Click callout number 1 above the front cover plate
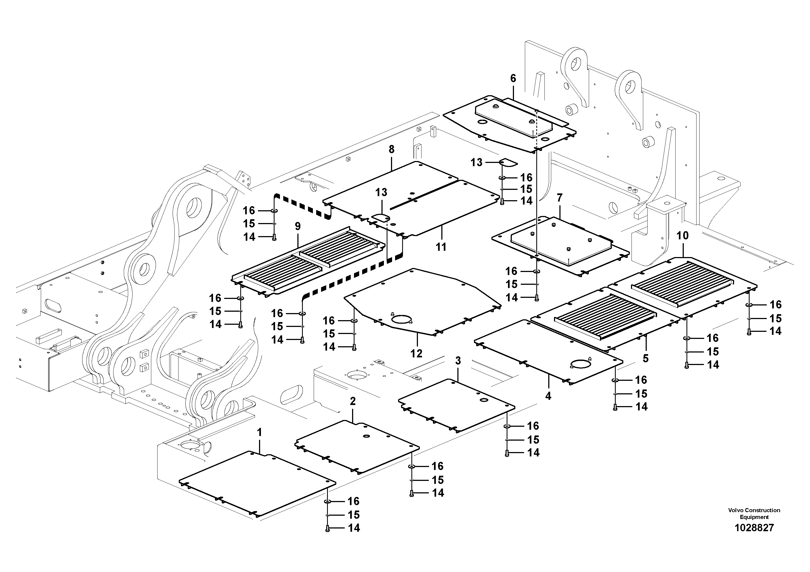(260, 433)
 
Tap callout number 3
(458, 361)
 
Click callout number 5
(645, 359)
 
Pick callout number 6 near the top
(513, 79)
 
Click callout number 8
(392, 150)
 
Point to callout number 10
(683, 236)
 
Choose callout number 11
(441, 247)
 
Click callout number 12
(416, 354)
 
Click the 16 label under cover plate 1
(353, 502)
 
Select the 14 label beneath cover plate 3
(533, 453)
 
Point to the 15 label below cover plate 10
(775, 319)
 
